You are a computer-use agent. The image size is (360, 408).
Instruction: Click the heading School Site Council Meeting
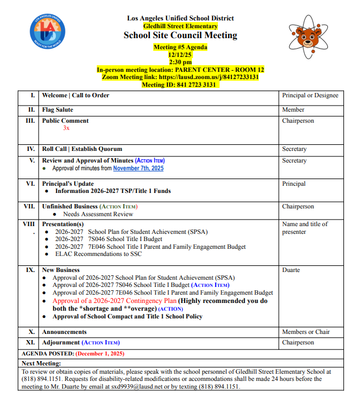click(180, 35)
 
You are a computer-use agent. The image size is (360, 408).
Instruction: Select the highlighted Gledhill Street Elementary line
click(180, 26)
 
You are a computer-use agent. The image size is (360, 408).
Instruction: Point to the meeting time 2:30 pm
click(180, 62)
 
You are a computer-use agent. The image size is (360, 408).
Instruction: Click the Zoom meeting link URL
click(208, 77)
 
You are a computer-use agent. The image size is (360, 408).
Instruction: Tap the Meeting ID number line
click(180, 85)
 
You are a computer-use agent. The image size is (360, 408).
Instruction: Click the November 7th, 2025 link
click(138, 168)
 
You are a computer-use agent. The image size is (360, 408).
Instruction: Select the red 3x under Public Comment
click(66, 128)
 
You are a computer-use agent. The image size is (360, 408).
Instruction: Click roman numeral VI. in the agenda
click(30, 184)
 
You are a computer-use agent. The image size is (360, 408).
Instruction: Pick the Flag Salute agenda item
click(58, 110)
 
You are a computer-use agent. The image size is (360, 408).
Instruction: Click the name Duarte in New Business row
click(291, 270)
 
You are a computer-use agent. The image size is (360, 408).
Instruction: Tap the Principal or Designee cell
click(310, 96)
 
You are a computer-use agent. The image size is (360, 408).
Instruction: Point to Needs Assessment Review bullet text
click(98, 214)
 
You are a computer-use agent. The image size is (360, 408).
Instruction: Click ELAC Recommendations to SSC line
click(98, 254)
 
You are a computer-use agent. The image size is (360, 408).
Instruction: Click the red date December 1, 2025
click(100, 353)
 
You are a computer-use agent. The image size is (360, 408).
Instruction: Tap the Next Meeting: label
click(41, 363)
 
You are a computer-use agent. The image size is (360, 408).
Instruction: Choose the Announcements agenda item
click(64, 332)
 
